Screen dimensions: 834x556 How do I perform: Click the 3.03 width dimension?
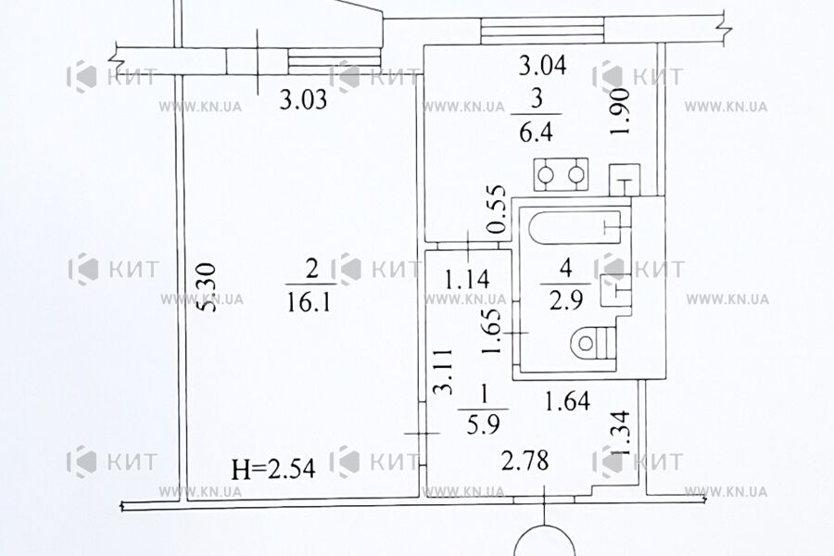coord(303,99)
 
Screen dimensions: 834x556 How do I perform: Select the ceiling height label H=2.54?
coord(273,469)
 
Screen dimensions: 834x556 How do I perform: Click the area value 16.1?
coord(309,303)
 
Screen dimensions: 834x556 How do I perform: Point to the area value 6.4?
coord(537,132)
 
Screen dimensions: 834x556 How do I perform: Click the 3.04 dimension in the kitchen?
coord(542,66)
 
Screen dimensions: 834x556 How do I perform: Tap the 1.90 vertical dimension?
coord(620,112)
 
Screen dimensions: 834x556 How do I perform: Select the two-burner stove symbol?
coord(562,174)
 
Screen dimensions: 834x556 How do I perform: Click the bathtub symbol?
coord(575,227)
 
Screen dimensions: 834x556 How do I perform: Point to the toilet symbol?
coord(594,343)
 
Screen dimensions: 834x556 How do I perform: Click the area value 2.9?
coord(566,300)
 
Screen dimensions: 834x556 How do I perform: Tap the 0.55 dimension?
coord(496,209)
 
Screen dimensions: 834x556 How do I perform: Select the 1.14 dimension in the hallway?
coord(467,280)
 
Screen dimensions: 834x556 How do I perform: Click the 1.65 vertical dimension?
coord(491,331)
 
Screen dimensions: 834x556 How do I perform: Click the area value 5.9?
coord(483,425)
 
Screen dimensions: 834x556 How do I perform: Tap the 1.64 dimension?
coord(567,400)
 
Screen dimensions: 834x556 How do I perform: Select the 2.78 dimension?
coord(525,461)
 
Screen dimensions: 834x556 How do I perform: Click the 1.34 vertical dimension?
coord(620,433)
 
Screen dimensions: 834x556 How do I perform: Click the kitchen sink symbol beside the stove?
coord(625,180)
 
